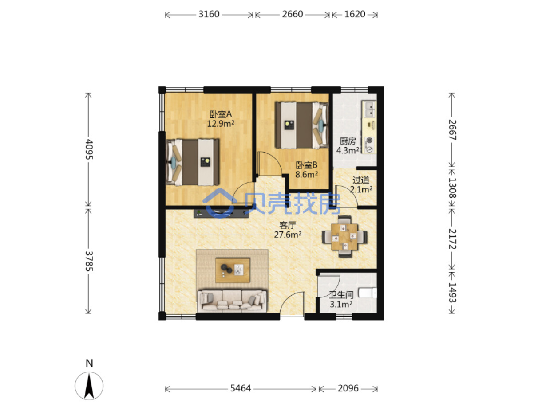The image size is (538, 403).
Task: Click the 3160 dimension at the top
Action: point(209,14)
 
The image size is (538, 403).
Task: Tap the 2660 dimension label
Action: point(292,14)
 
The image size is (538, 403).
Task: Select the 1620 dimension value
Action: point(354,14)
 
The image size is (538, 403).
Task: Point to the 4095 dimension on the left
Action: point(89,149)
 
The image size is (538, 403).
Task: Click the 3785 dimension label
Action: point(89,261)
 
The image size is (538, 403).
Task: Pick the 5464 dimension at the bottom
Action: point(241,388)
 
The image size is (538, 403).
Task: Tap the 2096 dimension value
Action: point(348,388)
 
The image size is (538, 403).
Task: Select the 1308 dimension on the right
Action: point(452,188)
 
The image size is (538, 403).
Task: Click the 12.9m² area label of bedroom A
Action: point(221,124)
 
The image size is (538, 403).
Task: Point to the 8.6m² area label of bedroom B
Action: point(306,175)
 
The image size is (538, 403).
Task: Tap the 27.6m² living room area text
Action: point(288,235)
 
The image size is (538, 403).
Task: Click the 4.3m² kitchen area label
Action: point(348,150)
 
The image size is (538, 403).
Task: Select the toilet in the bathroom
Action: point(368,293)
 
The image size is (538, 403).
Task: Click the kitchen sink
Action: point(369,109)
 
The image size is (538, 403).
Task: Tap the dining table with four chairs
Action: point(344,236)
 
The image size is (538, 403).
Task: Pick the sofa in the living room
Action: point(232,301)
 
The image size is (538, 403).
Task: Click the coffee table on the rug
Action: point(232,270)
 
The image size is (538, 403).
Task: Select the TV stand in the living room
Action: point(221,213)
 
